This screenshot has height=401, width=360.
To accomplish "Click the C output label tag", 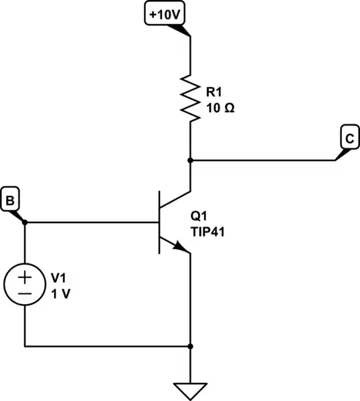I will tap(349, 139).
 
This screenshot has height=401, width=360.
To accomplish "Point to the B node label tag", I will tap(11, 199).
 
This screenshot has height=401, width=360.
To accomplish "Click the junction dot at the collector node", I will tap(191, 160).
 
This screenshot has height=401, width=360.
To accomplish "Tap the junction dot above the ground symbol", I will tap(191, 346).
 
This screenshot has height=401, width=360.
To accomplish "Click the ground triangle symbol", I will tap(191, 390).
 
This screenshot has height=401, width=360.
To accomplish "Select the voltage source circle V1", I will tap(25, 285).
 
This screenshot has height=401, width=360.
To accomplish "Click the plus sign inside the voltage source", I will tap(25, 277).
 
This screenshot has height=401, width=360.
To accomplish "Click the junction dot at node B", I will tap(25, 223).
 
